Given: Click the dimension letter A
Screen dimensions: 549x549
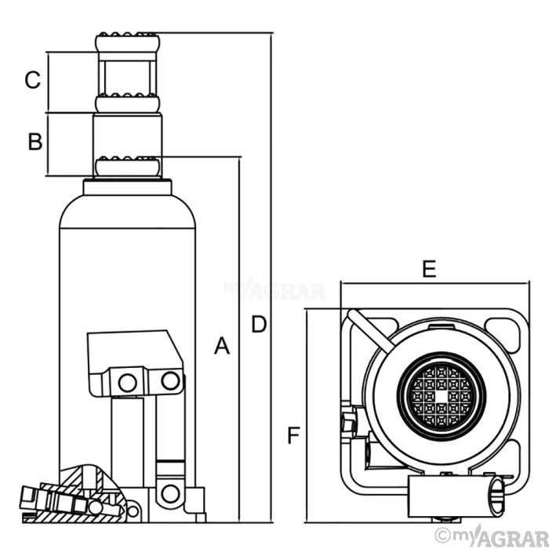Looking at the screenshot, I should click(x=223, y=345).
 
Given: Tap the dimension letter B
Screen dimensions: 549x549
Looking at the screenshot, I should click(x=35, y=142).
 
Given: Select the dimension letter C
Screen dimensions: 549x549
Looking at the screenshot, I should click(x=32, y=80).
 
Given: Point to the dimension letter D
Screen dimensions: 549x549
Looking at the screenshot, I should click(x=258, y=323).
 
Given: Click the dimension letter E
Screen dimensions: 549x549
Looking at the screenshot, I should click(x=428, y=269).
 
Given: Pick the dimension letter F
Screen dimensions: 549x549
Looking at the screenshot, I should click(x=292, y=434).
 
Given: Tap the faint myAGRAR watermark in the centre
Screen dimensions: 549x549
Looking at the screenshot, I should click(x=274, y=291).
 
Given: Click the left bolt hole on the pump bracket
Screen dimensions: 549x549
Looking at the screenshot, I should click(x=126, y=382).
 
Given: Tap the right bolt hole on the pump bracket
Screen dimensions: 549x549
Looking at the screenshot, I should click(x=167, y=381).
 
